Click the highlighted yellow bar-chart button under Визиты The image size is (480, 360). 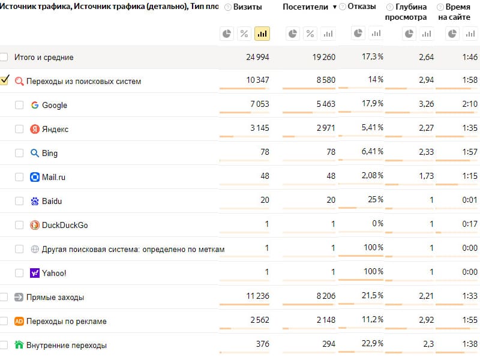pyautogui.click(x=262, y=34)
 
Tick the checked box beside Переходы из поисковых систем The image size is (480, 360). pyautogui.click(x=4, y=80)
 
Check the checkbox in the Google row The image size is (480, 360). pyautogui.click(x=19, y=105)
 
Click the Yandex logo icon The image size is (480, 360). pyautogui.click(x=35, y=129)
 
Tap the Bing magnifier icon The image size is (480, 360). pyautogui.click(x=35, y=153)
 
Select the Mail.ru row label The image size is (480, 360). pyautogui.click(x=53, y=177)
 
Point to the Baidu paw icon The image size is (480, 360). pyautogui.click(x=35, y=201)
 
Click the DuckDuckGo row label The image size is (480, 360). pyautogui.click(x=65, y=225)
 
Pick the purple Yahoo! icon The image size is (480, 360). pyautogui.click(x=35, y=273)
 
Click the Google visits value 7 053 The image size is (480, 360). pyautogui.click(x=260, y=104)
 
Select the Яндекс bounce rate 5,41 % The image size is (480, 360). pyautogui.click(x=372, y=127)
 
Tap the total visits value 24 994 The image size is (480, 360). pyautogui.click(x=257, y=57)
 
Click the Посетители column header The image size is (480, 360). pyautogui.click(x=305, y=7)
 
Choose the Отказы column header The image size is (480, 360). pyautogui.click(x=362, y=7)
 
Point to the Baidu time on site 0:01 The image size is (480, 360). pyautogui.click(x=470, y=200)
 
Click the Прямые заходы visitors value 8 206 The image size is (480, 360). pyautogui.click(x=326, y=296)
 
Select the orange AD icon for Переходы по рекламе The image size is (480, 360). pyautogui.click(x=19, y=321)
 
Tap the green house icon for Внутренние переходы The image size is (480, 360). pyautogui.click(x=19, y=345)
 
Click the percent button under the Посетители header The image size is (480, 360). pyautogui.click(x=310, y=34)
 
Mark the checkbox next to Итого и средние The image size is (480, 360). pyautogui.click(x=4, y=57)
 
